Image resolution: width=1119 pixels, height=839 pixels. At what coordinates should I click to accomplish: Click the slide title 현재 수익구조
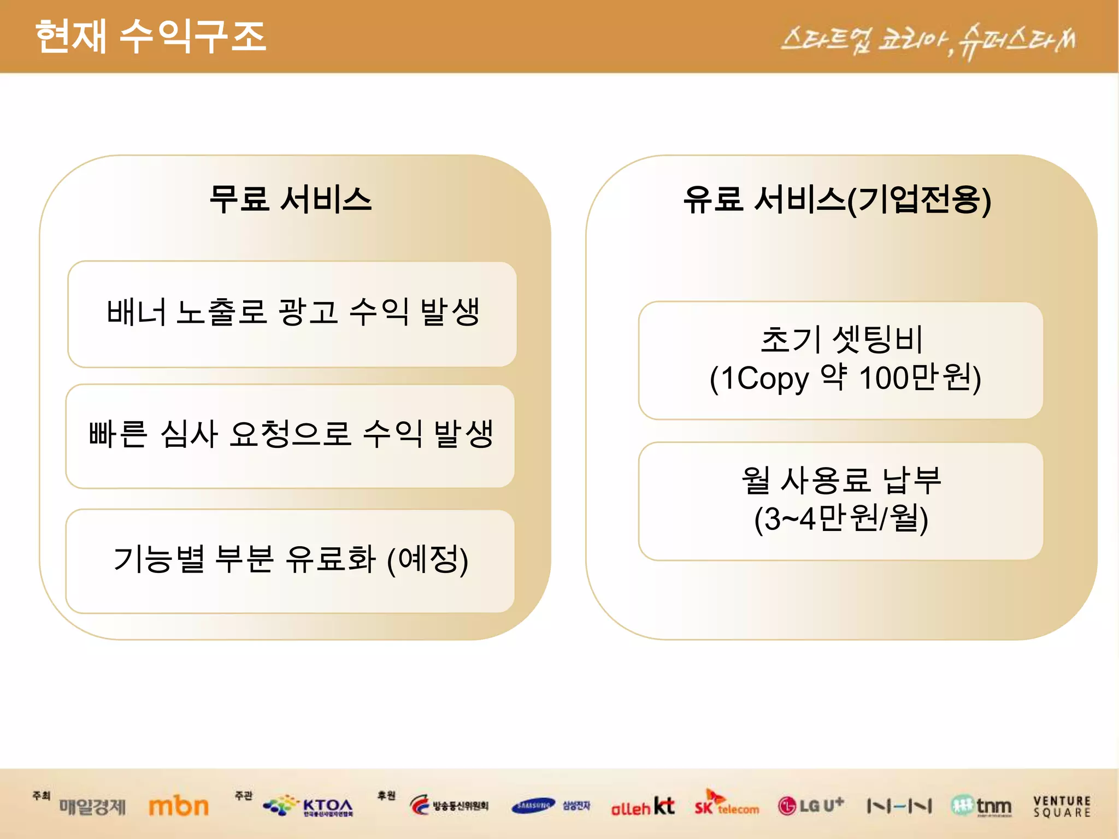(150, 36)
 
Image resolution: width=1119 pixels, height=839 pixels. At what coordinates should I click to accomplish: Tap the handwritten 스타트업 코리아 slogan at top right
(928, 42)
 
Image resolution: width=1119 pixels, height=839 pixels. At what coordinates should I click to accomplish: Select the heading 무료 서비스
(290, 199)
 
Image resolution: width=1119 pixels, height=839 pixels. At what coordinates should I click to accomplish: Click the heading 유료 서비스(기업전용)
(837, 200)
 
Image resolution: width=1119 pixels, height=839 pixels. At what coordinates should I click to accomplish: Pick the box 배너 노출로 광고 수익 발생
(292, 314)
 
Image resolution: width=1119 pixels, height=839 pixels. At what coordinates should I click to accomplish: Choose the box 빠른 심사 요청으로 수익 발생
(290, 435)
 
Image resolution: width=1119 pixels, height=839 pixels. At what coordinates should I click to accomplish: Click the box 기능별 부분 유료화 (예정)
(290, 560)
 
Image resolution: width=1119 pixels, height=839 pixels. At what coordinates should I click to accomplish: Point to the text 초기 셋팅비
(841, 340)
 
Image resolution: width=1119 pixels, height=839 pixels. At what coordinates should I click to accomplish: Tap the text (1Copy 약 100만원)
(845, 378)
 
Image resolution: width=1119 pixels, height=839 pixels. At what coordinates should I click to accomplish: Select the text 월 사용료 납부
(841, 481)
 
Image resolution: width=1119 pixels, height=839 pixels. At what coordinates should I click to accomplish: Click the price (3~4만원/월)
(841, 519)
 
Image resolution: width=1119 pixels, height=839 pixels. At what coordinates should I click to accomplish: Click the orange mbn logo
(179, 806)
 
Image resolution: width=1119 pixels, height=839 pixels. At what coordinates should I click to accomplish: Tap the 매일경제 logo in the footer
(92, 806)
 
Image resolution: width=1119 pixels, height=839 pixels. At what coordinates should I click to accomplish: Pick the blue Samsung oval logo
(533, 805)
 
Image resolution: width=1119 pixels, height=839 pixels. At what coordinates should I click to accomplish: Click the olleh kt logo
(643, 807)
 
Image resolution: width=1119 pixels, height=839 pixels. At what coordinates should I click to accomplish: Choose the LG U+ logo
(811, 806)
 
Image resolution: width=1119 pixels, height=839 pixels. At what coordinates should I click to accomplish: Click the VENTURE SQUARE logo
(1062, 806)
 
